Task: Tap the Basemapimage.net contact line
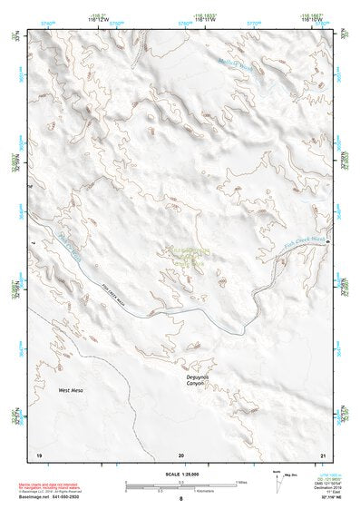[49, 498]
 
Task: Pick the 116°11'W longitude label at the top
[205, 20]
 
